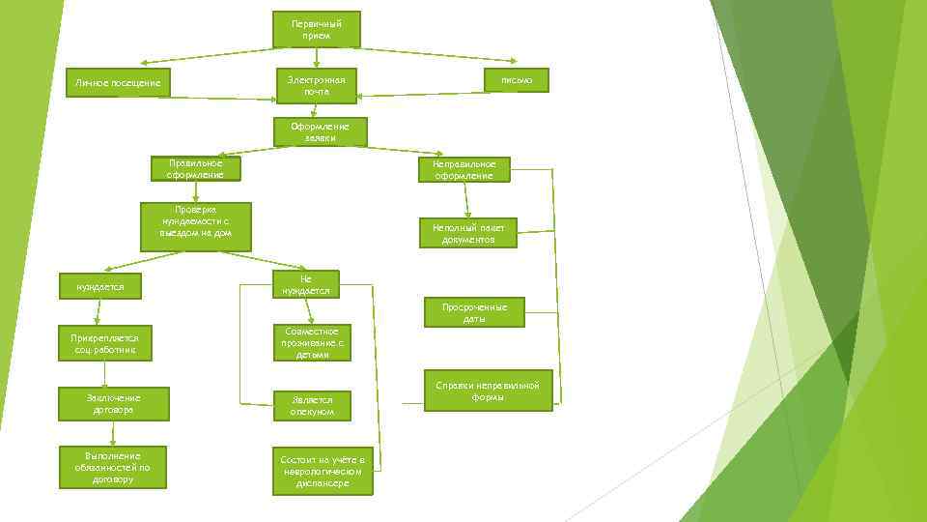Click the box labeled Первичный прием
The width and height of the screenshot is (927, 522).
pos(316,29)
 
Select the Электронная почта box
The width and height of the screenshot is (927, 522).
pos(316,84)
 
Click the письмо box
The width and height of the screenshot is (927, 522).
pos(517,79)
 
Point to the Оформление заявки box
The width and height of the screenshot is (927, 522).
pos(320,131)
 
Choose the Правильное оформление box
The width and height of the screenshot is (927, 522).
pos(195,169)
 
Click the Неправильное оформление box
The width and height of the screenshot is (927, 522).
pos(464,169)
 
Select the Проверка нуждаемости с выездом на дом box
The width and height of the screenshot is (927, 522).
pos(196,226)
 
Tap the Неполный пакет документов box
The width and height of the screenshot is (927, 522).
pos(467,233)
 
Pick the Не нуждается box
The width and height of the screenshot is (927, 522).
pos(305,284)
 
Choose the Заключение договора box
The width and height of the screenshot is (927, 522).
pos(113,404)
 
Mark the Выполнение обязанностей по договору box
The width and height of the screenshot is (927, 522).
pos(113,468)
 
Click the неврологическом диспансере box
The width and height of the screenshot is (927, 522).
pos(322,471)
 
